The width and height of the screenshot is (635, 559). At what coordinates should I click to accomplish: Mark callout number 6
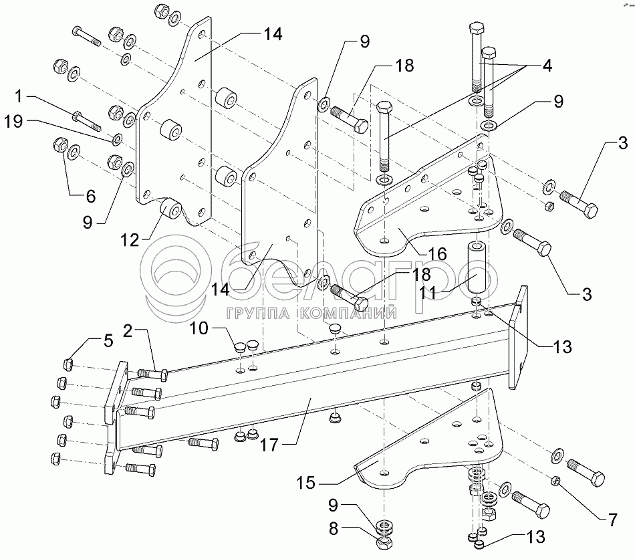(90, 196)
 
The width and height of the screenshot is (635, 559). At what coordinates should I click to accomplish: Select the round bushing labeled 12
(172, 211)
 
